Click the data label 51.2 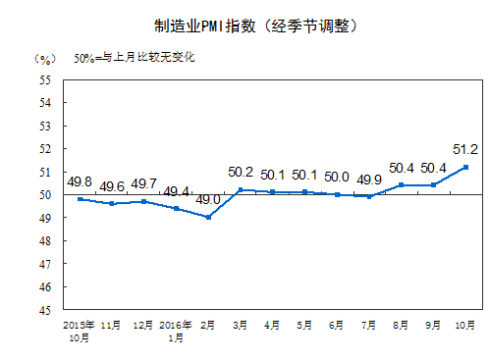point(464,149)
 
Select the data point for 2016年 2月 point(208,217)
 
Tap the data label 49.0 point(208,200)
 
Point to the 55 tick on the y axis point(46,79)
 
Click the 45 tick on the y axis point(46,310)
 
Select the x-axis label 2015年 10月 point(79,331)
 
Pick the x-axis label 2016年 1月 point(176,331)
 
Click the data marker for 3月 point(241,189)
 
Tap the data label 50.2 point(241,171)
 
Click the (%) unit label point(42,57)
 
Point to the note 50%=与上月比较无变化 point(135,57)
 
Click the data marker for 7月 point(369,196)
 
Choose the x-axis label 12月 point(143,325)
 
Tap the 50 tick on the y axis point(46,194)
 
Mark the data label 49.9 point(369,179)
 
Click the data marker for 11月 point(112,203)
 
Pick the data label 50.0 point(337,177)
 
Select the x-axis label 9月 point(433,325)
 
